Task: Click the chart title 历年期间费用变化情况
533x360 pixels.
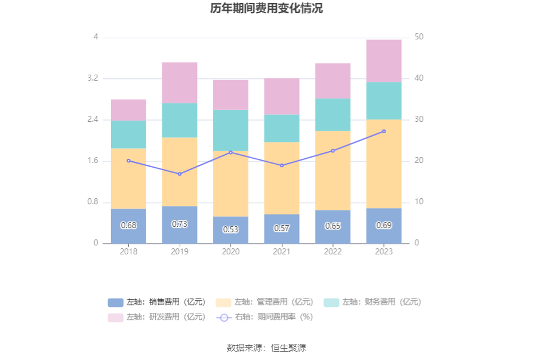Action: pyautogui.click(x=266, y=9)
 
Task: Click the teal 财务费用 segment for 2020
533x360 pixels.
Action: pyautogui.click(x=230, y=130)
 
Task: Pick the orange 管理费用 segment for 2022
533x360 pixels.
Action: pyautogui.click(x=332, y=170)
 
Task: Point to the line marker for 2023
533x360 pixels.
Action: pyautogui.click(x=384, y=131)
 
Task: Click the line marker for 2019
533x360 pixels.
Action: pyautogui.click(x=180, y=174)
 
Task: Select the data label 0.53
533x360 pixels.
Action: pyautogui.click(x=230, y=229)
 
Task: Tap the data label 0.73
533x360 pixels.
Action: pyautogui.click(x=180, y=224)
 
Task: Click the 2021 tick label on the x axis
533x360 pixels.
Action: pyautogui.click(x=282, y=252)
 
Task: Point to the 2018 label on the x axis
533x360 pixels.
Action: pyautogui.click(x=128, y=252)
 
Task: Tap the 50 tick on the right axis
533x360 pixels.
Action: pyautogui.click(x=419, y=37)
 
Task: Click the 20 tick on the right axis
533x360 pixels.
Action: pyautogui.click(x=419, y=161)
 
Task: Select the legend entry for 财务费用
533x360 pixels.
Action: pyautogui.click(x=372, y=302)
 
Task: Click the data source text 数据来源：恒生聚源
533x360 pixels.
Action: pyautogui.click(x=266, y=348)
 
